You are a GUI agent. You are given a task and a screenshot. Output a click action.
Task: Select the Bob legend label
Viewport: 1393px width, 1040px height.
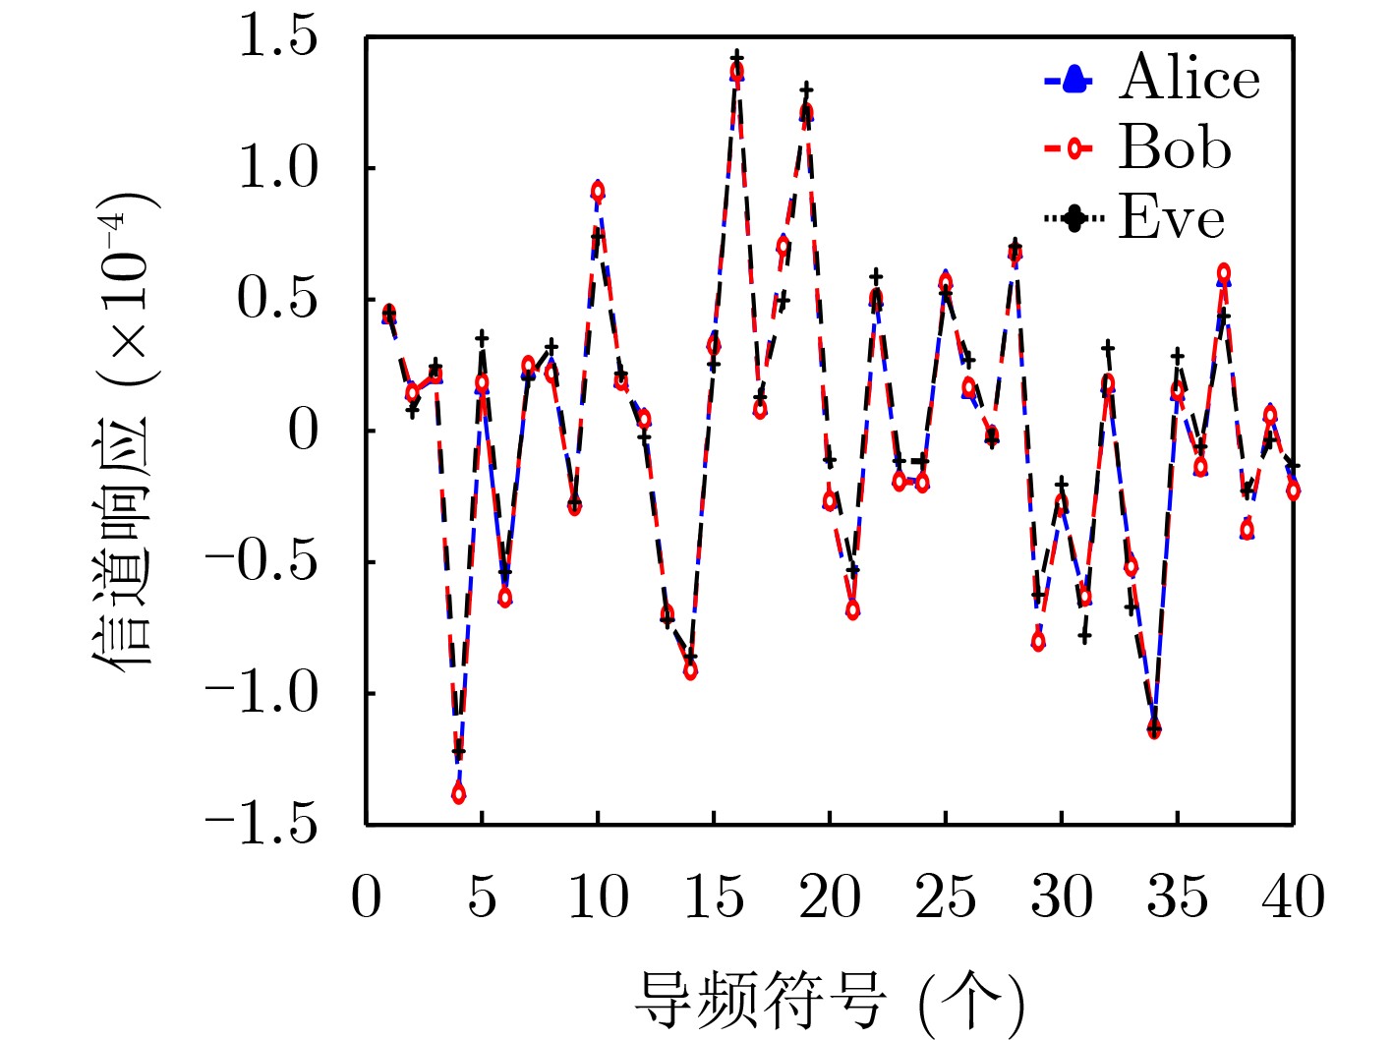point(1174,148)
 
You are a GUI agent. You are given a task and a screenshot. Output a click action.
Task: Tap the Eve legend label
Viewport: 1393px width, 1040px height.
point(1171,217)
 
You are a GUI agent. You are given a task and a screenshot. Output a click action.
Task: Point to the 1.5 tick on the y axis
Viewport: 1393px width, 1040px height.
point(279,37)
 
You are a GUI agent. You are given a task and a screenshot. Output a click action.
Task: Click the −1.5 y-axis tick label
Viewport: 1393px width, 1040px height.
point(262,824)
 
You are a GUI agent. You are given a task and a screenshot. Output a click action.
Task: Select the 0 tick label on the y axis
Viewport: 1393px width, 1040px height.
point(304,431)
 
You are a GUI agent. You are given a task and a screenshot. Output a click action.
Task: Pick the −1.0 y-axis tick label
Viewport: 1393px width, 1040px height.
point(262,693)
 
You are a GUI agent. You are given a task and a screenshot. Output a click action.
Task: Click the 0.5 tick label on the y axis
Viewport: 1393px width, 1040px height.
point(279,299)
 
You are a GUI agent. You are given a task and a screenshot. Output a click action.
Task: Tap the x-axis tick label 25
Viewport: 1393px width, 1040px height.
point(945,896)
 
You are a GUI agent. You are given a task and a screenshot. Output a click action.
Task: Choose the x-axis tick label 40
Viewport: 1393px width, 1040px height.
point(1293,896)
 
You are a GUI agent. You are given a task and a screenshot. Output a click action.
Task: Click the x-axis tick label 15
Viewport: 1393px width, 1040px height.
point(713,896)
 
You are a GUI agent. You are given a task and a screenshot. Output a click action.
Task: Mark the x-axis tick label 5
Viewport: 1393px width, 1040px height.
point(482,896)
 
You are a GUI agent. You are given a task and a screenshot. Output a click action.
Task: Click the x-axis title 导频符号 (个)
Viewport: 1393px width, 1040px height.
point(829,1001)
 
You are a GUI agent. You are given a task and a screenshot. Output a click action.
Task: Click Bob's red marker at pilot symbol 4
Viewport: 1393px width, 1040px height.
point(459,793)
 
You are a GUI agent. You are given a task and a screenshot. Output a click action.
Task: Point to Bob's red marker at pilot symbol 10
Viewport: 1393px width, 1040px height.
point(598,191)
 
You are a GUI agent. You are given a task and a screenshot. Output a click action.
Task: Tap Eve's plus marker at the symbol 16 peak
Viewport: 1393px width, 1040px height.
point(736,58)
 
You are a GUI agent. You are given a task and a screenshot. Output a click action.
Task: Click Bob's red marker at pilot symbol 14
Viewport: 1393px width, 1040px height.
point(690,670)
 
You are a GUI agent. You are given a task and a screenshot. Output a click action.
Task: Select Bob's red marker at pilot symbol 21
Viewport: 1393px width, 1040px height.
point(852,609)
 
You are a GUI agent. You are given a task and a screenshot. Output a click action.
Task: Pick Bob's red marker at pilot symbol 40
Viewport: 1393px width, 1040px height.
point(1293,491)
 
